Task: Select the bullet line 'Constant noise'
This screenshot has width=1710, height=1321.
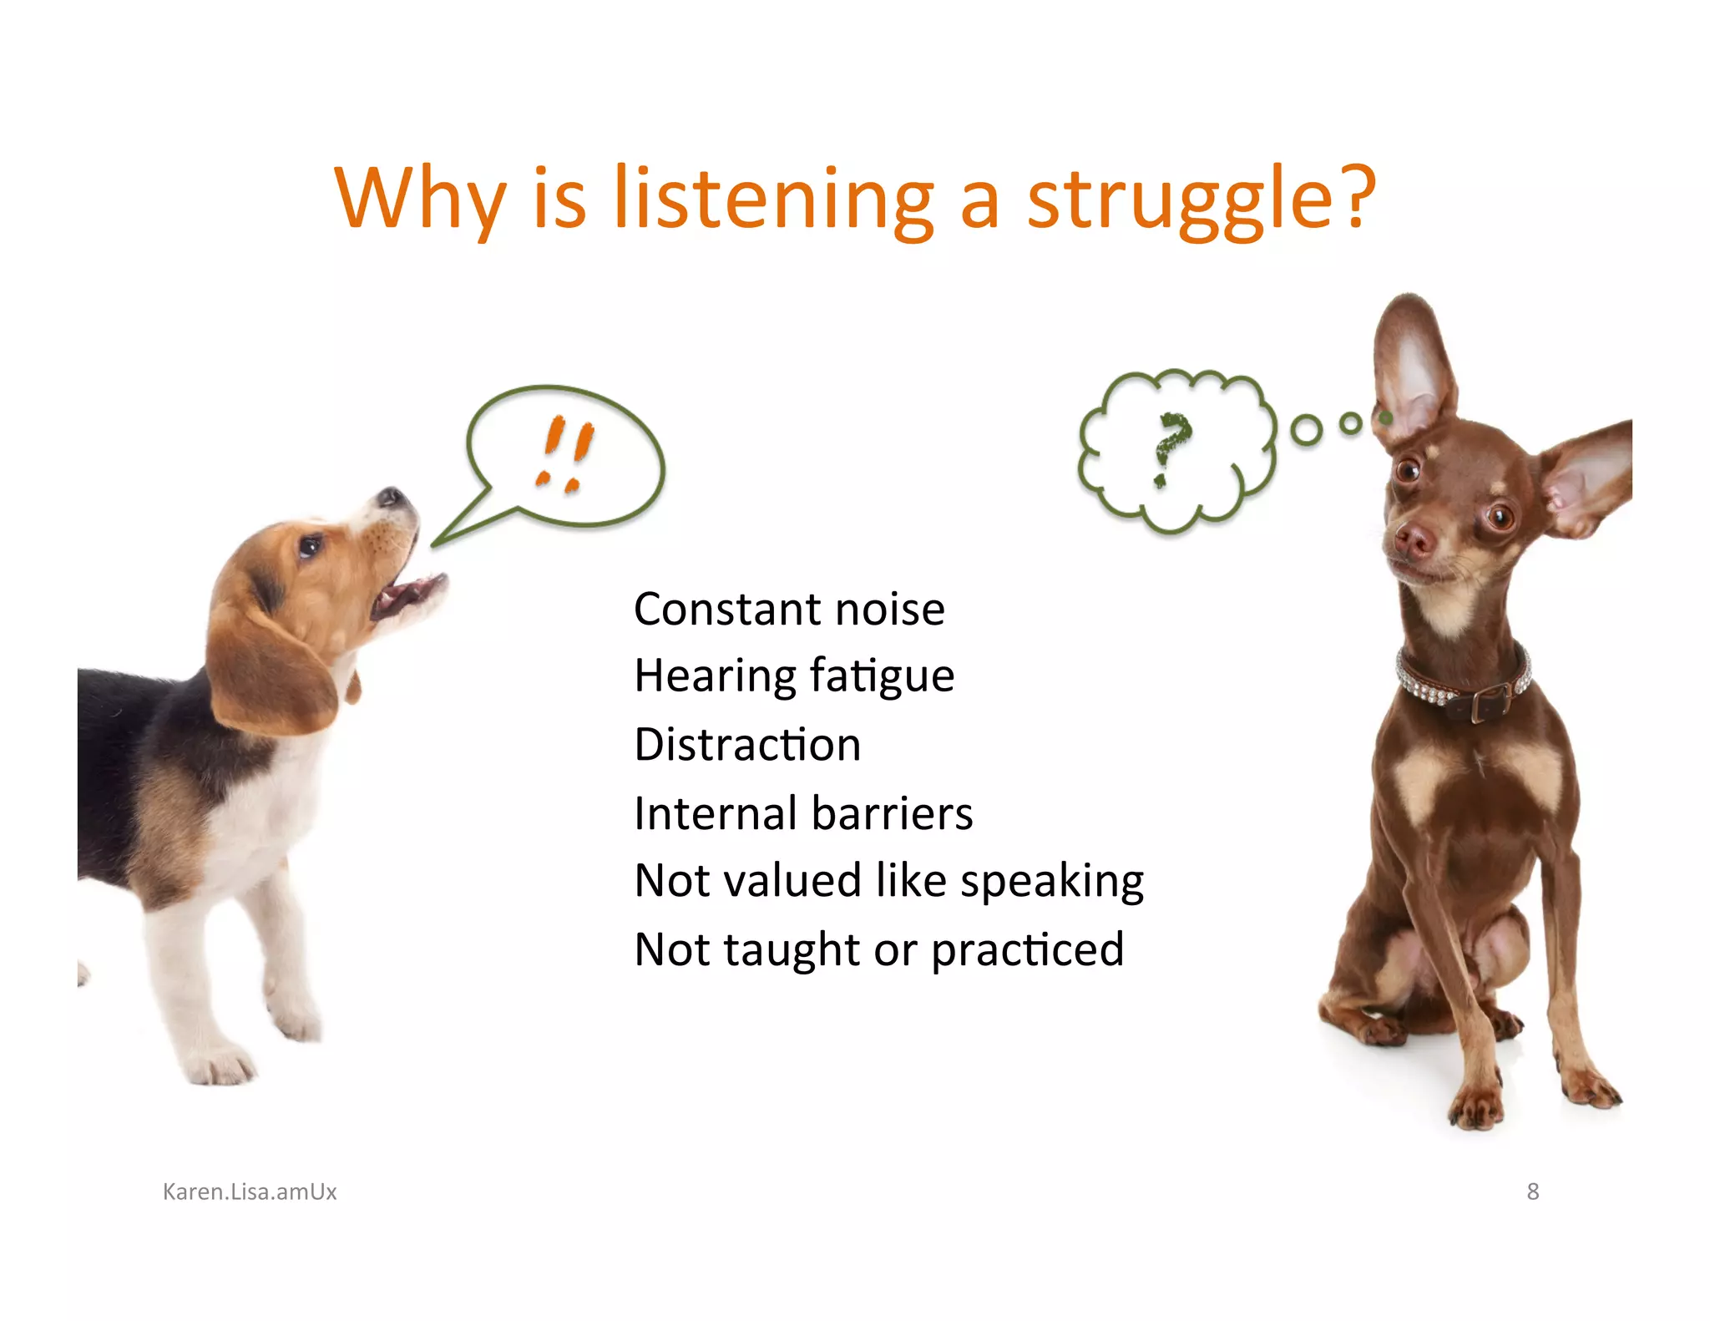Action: pos(789,609)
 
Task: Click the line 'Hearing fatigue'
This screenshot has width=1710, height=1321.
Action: pos(793,676)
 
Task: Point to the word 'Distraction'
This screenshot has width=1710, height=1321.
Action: pos(747,744)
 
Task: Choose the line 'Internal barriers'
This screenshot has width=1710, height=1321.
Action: pos(803,812)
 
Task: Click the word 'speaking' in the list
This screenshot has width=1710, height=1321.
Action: pos(1051,881)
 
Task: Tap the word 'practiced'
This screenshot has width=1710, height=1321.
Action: pos(1027,949)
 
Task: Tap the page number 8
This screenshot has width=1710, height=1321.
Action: pos(1532,1192)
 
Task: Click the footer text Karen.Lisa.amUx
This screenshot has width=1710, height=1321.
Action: pos(250,1192)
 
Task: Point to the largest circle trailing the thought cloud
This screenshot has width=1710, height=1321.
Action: pos(1306,430)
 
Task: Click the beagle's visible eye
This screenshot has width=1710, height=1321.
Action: pos(310,547)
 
